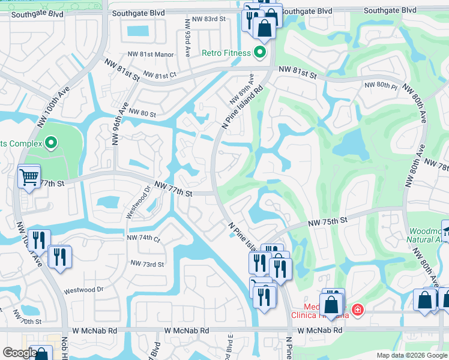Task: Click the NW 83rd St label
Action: click(x=205, y=19)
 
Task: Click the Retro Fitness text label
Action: click(x=226, y=53)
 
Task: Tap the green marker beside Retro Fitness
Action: click(x=260, y=53)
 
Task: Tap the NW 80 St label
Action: click(x=141, y=114)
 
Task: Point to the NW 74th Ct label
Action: click(x=143, y=238)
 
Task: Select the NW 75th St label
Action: click(x=328, y=221)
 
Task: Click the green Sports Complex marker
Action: click(x=51, y=143)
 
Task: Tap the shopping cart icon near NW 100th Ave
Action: click(x=29, y=176)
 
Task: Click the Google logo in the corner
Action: click(x=20, y=353)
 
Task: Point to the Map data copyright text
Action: click(x=411, y=355)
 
